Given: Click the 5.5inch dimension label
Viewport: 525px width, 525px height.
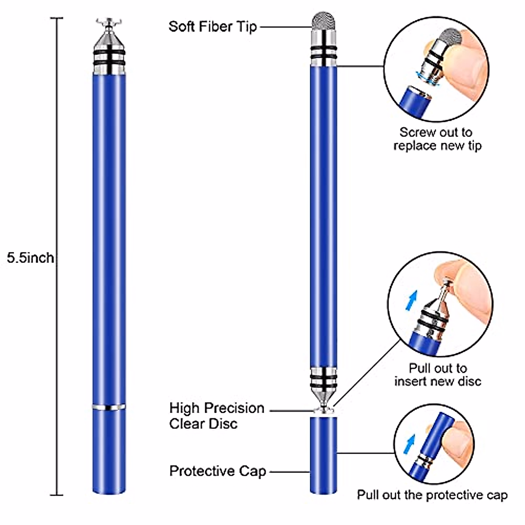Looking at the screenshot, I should (x=30, y=258).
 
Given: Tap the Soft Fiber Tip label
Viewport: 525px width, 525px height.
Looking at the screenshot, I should (x=213, y=26).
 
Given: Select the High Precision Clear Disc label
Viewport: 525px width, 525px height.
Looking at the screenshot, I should (x=217, y=416).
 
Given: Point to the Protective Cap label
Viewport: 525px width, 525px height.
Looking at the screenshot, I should (x=217, y=471).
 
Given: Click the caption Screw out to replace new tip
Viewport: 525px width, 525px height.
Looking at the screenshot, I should (x=437, y=139).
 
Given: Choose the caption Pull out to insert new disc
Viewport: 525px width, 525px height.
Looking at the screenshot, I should (x=437, y=374).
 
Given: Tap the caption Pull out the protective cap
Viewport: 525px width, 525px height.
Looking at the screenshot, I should (x=432, y=495).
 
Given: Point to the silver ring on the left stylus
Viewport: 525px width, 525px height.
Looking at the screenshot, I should (x=108, y=407).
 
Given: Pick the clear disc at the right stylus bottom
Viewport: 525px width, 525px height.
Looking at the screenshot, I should (x=324, y=410).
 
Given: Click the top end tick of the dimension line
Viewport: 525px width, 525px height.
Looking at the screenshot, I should (x=56, y=18).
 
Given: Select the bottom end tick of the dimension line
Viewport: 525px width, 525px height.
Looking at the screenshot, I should (x=56, y=495).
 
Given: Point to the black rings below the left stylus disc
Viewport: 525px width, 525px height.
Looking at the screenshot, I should (x=108, y=57).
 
